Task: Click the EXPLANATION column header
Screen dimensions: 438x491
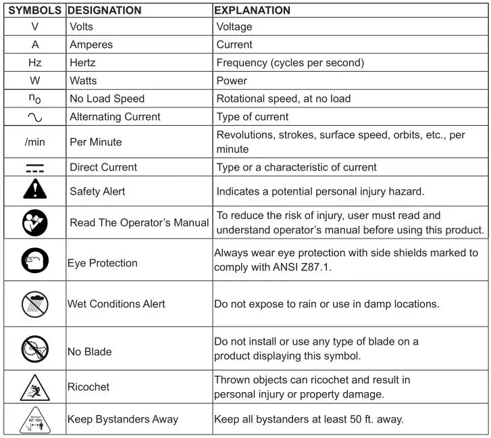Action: (x=252, y=10)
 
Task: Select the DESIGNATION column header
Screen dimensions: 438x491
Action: (x=105, y=10)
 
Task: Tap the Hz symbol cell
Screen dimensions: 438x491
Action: (x=34, y=63)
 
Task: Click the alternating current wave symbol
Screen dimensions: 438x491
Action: (x=34, y=117)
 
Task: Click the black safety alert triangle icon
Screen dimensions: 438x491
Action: (x=34, y=191)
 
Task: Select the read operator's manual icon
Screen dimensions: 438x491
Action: (x=34, y=222)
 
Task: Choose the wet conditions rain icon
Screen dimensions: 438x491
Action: (x=34, y=303)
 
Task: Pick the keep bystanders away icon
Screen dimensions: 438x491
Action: (x=34, y=419)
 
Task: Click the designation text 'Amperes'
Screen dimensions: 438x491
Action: (x=91, y=45)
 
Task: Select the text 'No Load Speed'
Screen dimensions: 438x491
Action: (x=107, y=99)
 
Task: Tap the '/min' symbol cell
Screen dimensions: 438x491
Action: (x=34, y=143)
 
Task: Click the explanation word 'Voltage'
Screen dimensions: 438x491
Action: (x=234, y=27)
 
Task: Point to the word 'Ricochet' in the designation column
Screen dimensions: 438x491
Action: (x=88, y=387)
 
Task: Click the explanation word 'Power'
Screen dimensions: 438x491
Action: (x=232, y=80)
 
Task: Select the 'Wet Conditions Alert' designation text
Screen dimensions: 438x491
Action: (x=116, y=303)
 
